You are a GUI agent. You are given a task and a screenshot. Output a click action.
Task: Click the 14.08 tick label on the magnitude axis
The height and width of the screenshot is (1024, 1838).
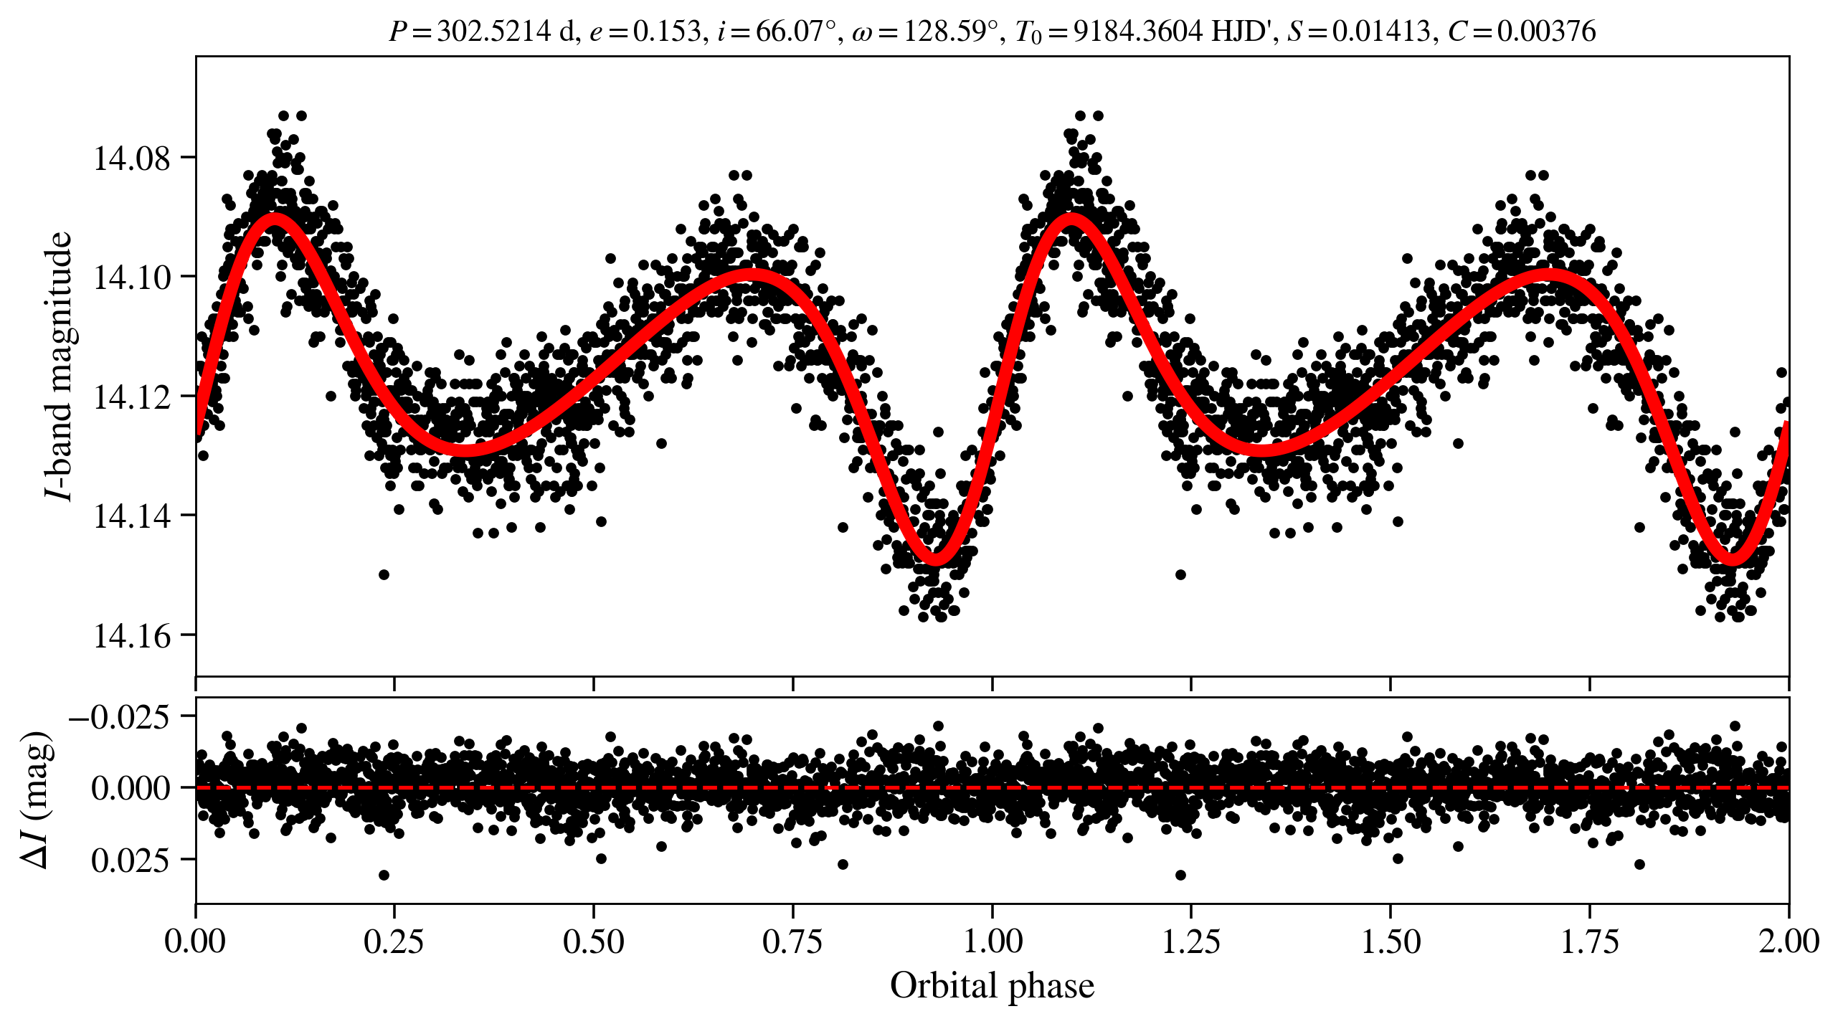pos(133,158)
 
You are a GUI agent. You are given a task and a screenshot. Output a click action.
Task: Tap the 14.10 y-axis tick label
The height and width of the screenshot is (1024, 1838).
pos(133,277)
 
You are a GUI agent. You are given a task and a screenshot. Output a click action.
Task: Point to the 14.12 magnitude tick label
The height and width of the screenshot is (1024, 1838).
pos(133,397)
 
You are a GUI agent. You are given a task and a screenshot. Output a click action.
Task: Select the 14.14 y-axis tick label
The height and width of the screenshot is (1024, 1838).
pos(133,516)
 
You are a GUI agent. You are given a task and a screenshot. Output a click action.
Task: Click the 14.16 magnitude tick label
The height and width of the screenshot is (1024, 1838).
pos(133,635)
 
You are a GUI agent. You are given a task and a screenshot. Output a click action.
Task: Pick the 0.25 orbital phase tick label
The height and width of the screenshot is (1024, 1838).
pos(394,942)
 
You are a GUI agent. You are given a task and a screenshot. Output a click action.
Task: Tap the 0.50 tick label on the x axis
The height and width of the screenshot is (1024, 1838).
pos(593,942)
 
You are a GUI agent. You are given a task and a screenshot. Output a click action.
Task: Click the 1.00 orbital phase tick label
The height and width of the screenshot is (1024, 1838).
pos(992,942)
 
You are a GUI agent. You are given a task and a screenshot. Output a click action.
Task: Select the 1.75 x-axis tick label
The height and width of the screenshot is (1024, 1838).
pos(1590,942)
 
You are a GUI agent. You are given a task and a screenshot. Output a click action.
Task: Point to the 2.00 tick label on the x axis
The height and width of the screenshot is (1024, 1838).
pos(1789,942)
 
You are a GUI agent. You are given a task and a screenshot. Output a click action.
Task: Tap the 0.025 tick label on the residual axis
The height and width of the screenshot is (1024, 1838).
pos(131,860)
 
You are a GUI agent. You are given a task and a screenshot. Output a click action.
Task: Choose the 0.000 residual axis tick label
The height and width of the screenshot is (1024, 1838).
pos(131,788)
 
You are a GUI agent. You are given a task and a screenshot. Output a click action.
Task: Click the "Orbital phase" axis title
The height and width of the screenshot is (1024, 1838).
pos(992,986)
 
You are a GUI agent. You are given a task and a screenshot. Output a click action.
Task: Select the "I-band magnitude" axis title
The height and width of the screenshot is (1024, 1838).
pos(59,366)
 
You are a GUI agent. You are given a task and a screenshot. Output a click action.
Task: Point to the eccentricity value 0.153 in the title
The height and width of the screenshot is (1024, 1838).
pos(666,32)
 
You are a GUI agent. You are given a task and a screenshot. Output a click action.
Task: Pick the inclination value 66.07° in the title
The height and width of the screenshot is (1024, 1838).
pos(796,32)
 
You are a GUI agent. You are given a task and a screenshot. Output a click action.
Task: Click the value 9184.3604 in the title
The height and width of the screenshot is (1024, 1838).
pos(1137,32)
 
